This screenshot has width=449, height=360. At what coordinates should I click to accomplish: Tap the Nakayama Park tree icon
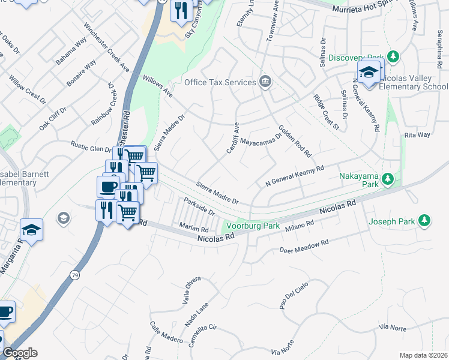click(x=389, y=178)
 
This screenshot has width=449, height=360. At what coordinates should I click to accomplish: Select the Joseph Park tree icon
click(x=425, y=221)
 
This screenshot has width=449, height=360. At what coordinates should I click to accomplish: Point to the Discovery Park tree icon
click(x=393, y=57)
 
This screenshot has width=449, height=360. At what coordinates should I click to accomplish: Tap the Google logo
click(x=20, y=353)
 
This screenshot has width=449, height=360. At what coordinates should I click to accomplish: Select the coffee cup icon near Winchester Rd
click(x=108, y=187)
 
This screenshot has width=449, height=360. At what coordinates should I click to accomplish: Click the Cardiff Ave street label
click(x=232, y=138)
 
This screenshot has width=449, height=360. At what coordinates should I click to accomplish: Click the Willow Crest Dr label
click(x=28, y=89)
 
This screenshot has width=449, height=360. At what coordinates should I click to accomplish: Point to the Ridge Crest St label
click(x=327, y=112)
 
